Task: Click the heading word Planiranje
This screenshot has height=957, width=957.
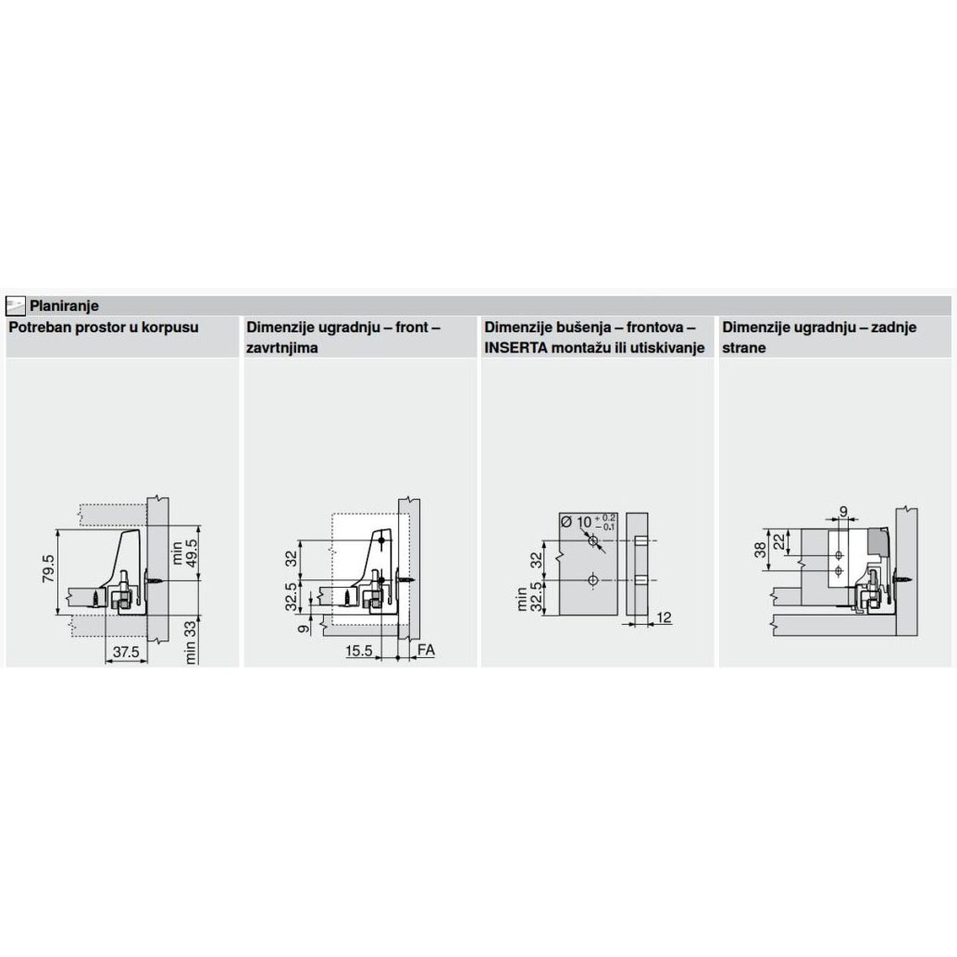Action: pos(64,305)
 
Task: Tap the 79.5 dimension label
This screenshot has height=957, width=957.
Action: pos(49,568)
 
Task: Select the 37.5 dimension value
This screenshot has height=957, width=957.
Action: pos(126,652)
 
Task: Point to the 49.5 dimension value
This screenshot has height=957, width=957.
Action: pos(191,553)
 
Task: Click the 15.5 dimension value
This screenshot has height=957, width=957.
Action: pos(359,651)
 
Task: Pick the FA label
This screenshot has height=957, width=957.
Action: pos(426,650)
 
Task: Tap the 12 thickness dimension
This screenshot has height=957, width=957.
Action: pos(664,617)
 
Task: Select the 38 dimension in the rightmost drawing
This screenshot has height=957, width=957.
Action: pos(760,551)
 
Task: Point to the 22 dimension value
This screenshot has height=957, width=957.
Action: pos(779,541)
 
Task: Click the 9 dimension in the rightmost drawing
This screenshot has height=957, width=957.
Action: pos(843,512)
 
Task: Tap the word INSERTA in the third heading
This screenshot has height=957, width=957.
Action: pos(516,348)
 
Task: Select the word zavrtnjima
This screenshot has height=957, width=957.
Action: pos(282,348)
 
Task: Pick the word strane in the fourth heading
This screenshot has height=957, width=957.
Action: pos(744,348)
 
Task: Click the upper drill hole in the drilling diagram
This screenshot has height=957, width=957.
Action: pos(592,541)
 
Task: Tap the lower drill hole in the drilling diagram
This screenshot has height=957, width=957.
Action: pos(592,580)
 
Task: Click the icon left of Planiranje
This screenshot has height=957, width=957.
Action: pos(15,305)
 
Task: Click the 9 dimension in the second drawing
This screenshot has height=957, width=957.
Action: pos(304,627)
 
